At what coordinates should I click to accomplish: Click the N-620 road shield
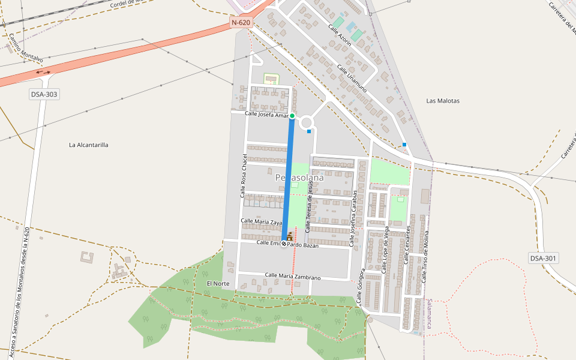click(x=241, y=23)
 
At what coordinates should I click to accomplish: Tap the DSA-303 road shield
click(x=44, y=94)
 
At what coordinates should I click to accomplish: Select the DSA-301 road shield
click(x=544, y=258)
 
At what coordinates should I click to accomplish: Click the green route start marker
click(x=292, y=116)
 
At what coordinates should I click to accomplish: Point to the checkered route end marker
click(x=284, y=244)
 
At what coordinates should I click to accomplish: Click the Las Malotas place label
click(x=443, y=101)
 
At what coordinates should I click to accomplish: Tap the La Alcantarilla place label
click(x=89, y=145)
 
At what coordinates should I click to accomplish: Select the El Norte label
click(x=218, y=283)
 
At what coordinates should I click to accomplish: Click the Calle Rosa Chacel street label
click(x=244, y=176)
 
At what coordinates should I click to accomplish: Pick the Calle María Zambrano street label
click(x=293, y=277)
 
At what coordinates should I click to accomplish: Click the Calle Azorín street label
click(x=339, y=35)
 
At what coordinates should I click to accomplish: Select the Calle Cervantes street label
click(x=407, y=245)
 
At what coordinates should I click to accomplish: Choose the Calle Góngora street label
click(x=361, y=287)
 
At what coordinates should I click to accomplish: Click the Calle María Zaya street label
click(x=262, y=221)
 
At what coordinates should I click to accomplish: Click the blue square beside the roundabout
click(x=309, y=131)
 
